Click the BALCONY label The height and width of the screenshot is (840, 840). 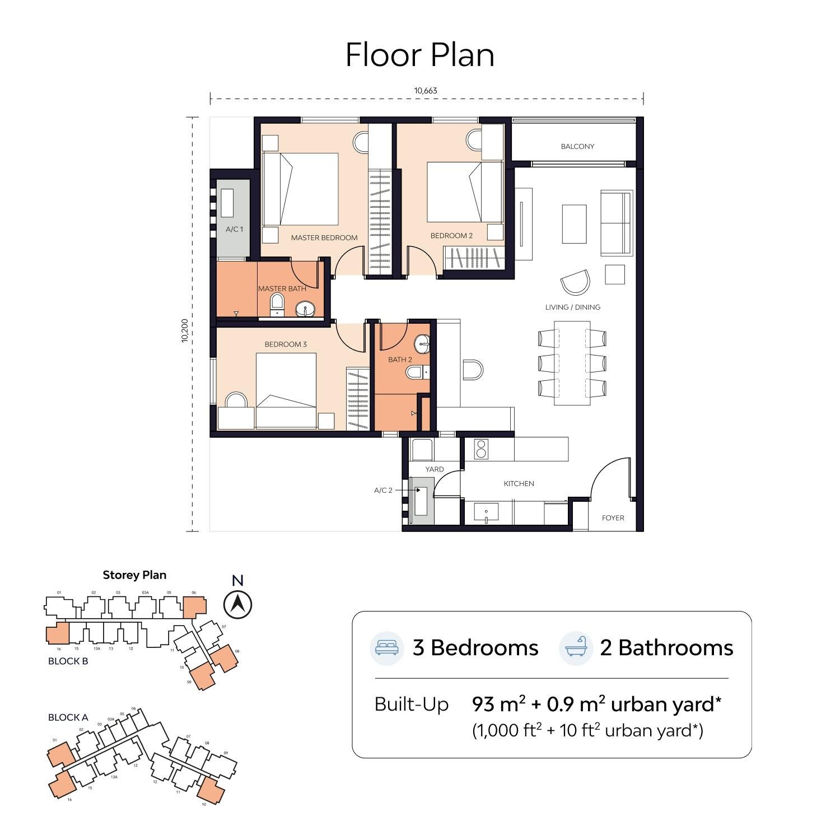click(x=577, y=146)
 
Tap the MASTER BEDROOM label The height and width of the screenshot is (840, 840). click(x=324, y=237)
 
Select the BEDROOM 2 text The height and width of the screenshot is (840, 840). click(x=451, y=236)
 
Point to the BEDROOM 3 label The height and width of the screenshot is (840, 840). click(x=286, y=344)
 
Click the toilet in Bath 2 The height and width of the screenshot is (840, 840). click(x=414, y=372)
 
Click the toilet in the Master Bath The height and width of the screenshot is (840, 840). click(x=277, y=305)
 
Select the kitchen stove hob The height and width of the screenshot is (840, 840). click(x=481, y=449)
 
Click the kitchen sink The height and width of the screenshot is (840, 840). click(x=486, y=512)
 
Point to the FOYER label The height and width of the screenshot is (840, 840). click(x=613, y=518)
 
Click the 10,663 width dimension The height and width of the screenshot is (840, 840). click(x=426, y=91)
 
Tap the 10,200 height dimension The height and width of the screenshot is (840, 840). click(x=185, y=331)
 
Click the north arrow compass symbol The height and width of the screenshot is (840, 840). click(x=237, y=604)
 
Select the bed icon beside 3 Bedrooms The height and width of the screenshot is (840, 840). click(x=387, y=648)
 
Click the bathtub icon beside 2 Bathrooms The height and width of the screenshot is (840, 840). click(x=576, y=647)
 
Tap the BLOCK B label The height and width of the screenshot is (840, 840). click(x=68, y=661)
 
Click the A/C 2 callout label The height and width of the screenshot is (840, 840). click(x=384, y=491)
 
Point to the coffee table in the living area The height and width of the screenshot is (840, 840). click(x=574, y=223)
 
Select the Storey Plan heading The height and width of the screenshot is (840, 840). click(x=134, y=575)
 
